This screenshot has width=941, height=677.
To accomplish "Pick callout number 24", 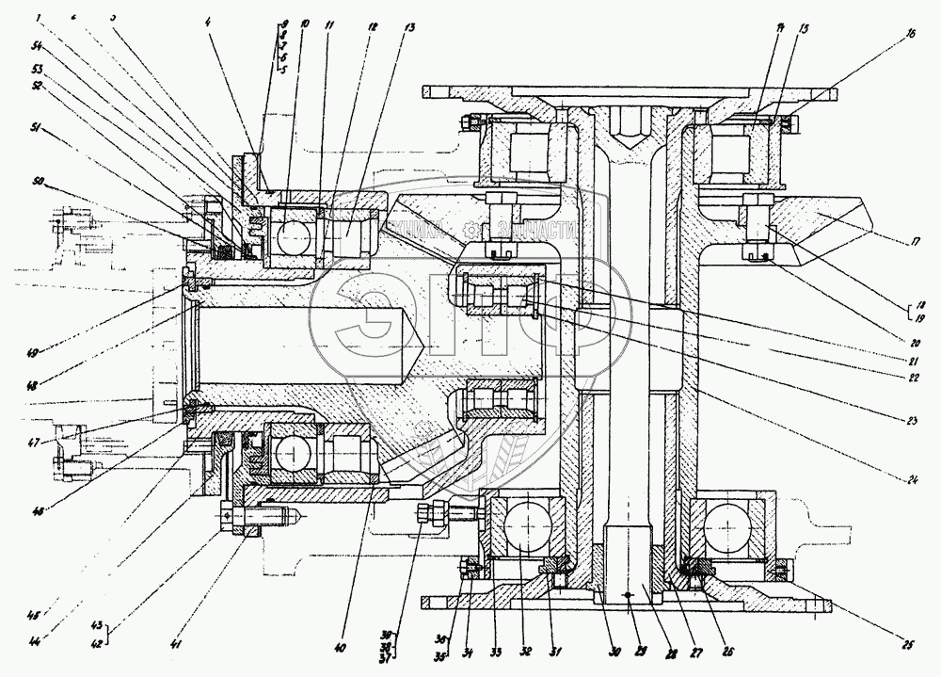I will click(x=912, y=481).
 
